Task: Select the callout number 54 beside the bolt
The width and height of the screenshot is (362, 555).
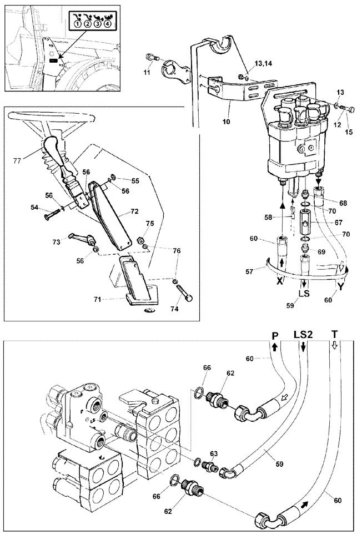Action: tap(34, 207)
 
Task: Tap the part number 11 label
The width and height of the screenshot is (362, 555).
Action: tap(147, 73)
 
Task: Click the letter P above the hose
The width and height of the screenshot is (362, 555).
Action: tap(274, 336)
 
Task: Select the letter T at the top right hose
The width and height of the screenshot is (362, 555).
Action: tap(334, 335)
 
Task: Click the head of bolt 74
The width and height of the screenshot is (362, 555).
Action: tap(189, 298)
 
